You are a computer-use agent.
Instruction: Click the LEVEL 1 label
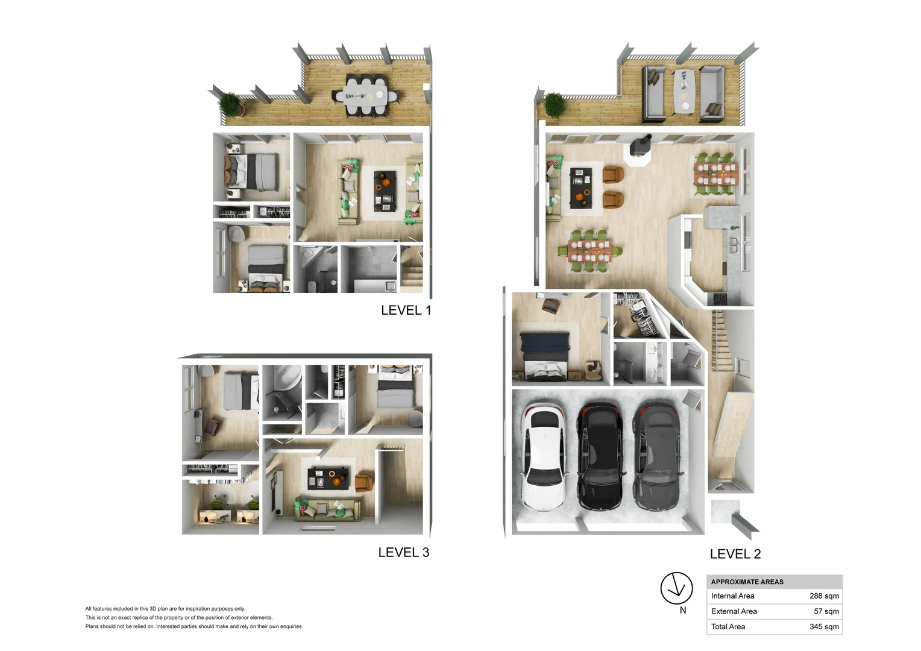click(406, 310)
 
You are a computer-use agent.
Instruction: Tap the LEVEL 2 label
click(735, 554)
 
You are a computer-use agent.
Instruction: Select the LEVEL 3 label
click(404, 552)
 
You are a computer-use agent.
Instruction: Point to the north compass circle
click(676, 588)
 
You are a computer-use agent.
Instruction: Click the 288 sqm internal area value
click(824, 596)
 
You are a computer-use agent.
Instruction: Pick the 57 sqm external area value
click(826, 611)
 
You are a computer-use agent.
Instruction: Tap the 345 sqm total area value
click(824, 627)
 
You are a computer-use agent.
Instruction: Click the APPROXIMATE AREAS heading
click(747, 582)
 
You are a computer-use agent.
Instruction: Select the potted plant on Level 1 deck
click(230, 104)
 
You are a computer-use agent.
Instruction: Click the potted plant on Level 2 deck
click(555, 105)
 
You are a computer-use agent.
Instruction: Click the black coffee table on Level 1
click(385, 191)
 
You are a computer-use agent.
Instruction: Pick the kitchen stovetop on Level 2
click(718, 299)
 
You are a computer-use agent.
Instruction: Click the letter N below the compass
click(683, 611)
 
